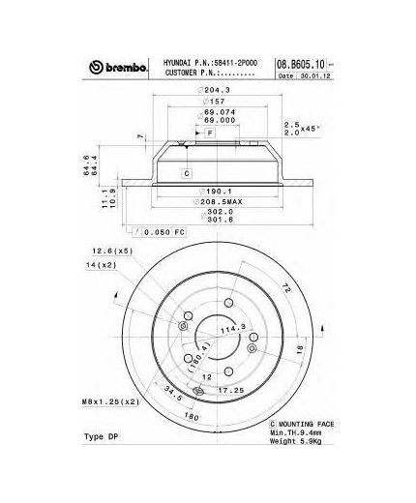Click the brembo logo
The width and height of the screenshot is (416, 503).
click(117, 67)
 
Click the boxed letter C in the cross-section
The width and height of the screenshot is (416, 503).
click(186, 172)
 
